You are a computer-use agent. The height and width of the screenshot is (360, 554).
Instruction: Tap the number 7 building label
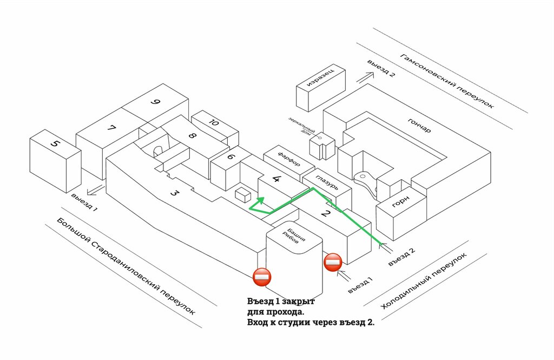(112, 129)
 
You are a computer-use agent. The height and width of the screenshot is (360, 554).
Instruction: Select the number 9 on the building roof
(156, 102)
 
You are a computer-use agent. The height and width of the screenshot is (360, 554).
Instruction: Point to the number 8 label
(192, 136)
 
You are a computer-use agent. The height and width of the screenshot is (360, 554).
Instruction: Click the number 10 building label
(214, 123)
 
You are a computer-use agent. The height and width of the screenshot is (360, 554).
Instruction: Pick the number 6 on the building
(231, 157)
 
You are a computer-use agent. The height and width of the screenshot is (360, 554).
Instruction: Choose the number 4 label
(277, 179)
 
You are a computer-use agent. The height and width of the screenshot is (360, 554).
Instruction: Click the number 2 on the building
(325, 213)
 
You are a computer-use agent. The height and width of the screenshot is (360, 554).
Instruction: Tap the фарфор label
(289, 160)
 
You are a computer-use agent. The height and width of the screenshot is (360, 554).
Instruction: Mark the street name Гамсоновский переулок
(447, 81)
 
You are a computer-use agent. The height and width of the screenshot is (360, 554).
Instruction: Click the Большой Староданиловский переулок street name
(126, 269)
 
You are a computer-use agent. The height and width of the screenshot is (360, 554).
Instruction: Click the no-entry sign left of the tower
(262, 277)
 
